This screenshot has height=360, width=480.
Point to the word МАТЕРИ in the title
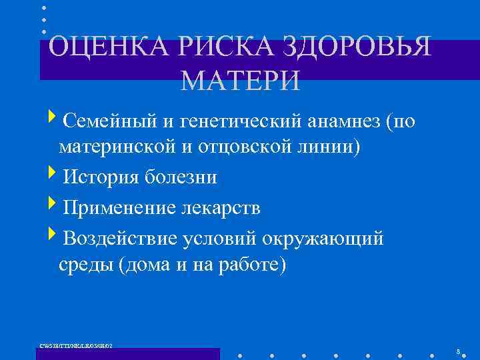240,81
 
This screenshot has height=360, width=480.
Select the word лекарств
219,208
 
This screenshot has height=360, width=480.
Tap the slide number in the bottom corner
459,351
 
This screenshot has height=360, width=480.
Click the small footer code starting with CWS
76,345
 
